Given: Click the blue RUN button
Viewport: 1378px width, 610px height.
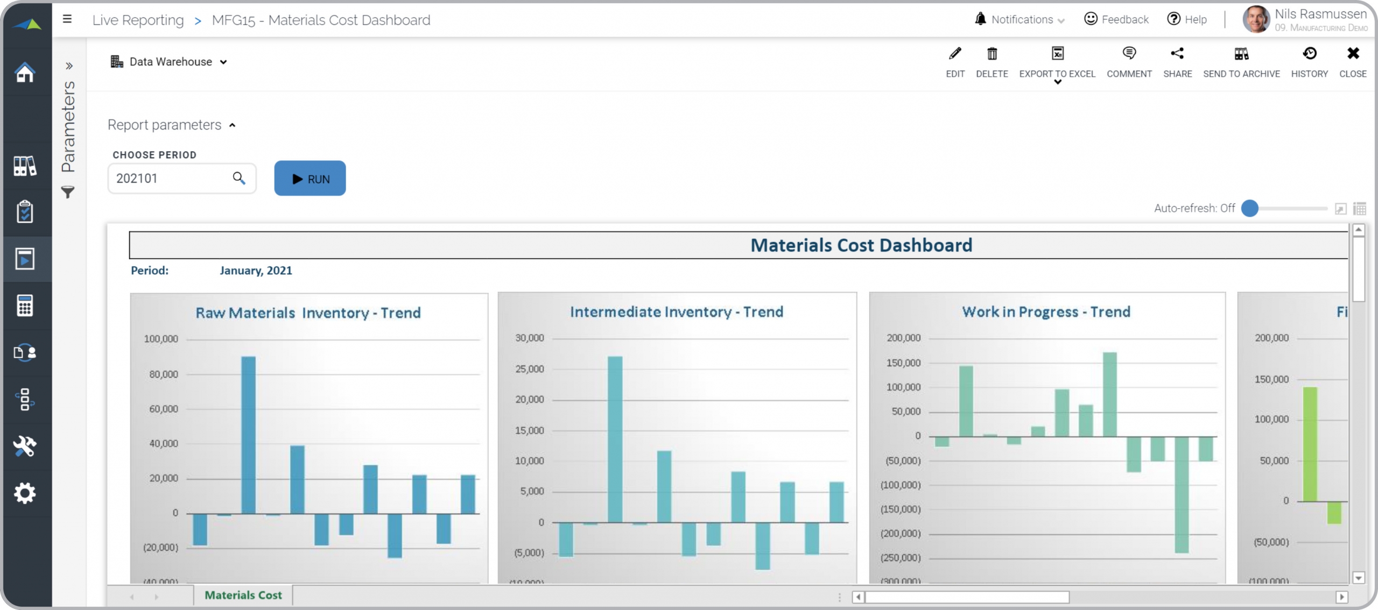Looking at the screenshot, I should point(310,179).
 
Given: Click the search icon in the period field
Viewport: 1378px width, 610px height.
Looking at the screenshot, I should point(238,178).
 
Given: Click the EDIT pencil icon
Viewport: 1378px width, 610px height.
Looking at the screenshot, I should point(955,54).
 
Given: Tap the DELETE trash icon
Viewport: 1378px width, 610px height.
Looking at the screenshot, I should point(992,54).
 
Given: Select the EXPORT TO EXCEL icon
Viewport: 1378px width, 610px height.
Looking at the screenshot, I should point(1057,54).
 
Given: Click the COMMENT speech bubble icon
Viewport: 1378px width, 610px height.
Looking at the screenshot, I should point(1129,54).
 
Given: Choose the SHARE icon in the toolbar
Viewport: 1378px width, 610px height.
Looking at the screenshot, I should point(1177,54).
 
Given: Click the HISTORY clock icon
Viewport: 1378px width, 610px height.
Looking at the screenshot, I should point(1309,54).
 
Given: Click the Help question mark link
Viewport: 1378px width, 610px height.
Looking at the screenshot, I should point(1187,20).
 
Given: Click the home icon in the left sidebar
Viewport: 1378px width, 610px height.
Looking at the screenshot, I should point(25,73).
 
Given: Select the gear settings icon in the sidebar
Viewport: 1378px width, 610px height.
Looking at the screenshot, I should point(25,493).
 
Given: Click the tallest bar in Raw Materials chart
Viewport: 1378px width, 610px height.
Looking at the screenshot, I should point(248,435).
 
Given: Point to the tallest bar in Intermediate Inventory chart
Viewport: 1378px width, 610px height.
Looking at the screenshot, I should point(615,439).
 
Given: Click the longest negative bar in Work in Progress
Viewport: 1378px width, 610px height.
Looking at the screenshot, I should point(1182,494).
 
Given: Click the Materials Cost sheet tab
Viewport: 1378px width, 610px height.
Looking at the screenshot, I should point(243,595).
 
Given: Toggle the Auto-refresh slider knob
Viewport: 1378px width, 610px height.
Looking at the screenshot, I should point(1250,208).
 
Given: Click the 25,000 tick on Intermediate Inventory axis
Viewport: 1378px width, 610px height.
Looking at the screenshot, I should point(530,369).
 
